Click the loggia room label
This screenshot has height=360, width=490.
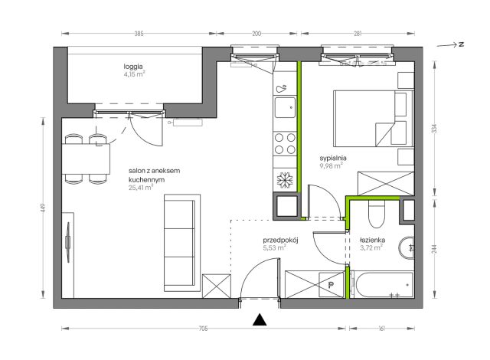click(133, 67)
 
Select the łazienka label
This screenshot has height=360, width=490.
click(372, 241)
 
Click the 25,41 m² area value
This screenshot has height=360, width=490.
click(141, 188)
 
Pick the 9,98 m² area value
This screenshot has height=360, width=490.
click(331, 166)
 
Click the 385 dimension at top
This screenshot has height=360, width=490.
click(139, 34)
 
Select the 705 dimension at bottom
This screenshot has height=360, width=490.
click(203, 329)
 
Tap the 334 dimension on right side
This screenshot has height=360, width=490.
click(434, 129)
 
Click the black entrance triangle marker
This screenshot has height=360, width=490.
click(260, 320)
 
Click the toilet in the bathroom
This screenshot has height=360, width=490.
click(377, 214)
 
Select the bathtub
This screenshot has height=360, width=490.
click(382, 285)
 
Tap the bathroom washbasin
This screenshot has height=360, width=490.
click(407, 248)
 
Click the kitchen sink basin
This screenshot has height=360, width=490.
click(285, 107)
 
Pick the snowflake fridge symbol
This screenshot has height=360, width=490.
click(285, 180)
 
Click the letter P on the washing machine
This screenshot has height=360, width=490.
click(331, 285)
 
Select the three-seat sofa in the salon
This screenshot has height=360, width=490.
click(182, 243)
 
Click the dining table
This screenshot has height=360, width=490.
click(86, 159)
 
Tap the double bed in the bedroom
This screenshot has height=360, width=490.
click(374, 119)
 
